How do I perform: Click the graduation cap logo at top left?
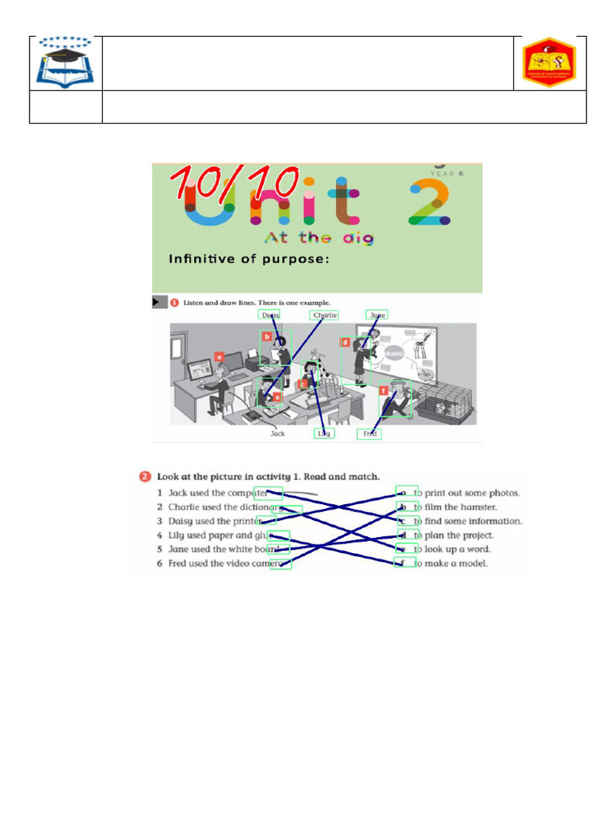point(64,63)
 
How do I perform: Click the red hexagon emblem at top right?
point(549,63)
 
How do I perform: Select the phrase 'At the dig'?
point(318,238)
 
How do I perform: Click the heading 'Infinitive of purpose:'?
point(249,258)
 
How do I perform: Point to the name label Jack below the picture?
point(278,433)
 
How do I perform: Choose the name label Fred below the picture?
point(370,433)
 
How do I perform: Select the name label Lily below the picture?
point(324,433)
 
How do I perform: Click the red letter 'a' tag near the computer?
point(218,356)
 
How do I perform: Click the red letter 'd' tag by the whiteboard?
point(345,344)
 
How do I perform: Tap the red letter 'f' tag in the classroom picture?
point(384,391)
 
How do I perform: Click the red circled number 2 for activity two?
point(145,476)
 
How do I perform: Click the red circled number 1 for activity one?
point(174,303)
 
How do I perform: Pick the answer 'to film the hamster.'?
point(455,507)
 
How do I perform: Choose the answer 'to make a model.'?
point(450,564)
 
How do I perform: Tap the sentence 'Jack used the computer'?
point(217,493)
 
